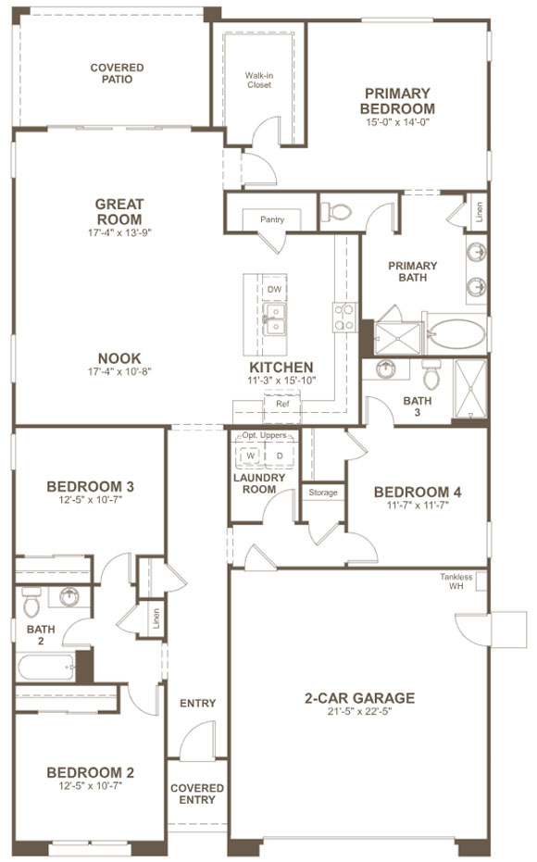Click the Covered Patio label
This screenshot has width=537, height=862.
pyautogui.click(x=117, y=73)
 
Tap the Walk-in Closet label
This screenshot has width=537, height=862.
pyautogui.click(x=259, y=81)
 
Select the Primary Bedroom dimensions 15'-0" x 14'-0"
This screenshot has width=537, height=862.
pyautogui.click(x=397, y=122)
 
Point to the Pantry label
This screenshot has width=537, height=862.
pyautogui.click(x=272, y=219)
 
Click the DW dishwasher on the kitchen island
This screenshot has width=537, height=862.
pyautogui.click(x=275, y=289)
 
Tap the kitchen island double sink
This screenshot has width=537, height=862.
pyautogui.click(x=274, y=319)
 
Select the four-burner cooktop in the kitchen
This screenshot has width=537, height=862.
pyautogui.click(x=344, y=318)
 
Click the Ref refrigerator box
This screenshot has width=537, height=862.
pyautogui.click(x=282, y=404)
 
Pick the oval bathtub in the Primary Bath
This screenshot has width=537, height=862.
pyautogui.click(x=456, y=334)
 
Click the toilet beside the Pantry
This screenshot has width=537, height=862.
pyautogui.click(x=335, y=211)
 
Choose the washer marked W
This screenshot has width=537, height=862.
pyautogui.click(x=251, y=456)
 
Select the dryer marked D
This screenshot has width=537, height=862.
pyautogui.click(x=280, y=456)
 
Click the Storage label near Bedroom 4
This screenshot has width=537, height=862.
pyautogui.click(x=323, y=493)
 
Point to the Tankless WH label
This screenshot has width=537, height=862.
pyautogui.click(x=456, y=581)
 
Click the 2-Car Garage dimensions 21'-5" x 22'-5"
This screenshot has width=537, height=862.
pyautogui.click(x=359, y=711)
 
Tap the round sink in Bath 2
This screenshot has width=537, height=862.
pyautogui.click(x=69, y=596)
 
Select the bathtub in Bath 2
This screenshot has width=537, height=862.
pyautogui.click(x=46, y=667)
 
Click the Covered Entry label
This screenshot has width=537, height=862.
pyautogui.click(x=197, y=793)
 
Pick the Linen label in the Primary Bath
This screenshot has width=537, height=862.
pyautogui.click(x=479, y=211)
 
